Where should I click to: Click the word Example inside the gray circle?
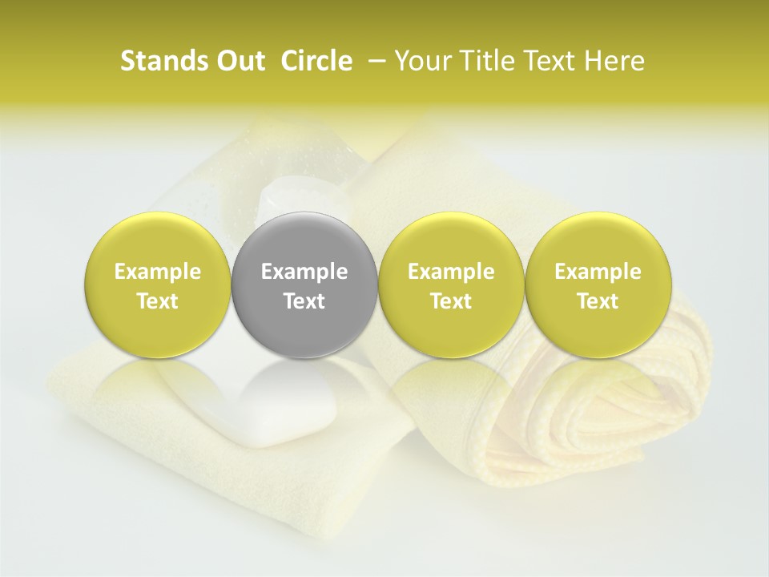304,272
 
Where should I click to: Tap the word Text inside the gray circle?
304,301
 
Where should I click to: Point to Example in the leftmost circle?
157,272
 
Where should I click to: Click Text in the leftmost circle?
157,301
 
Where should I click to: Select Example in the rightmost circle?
598,272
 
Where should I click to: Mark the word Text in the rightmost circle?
598,301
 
